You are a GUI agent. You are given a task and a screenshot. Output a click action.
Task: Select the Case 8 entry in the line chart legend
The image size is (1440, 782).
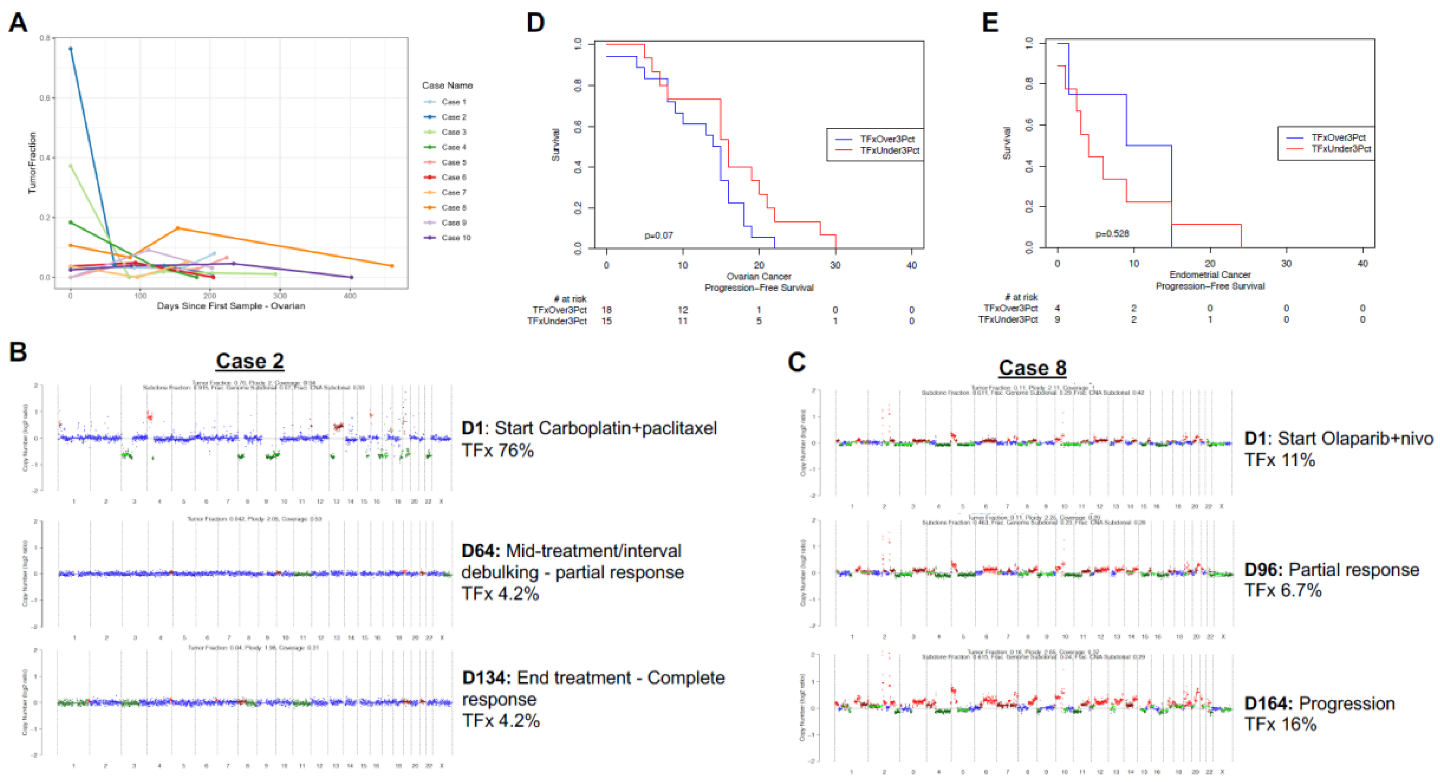click(x=453, y=208)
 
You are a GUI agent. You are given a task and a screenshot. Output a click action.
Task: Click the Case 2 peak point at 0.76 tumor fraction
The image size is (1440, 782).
click(x=70, y=49)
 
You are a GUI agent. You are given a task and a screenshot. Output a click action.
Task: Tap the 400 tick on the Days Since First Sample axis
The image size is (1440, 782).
click(x=350, y=296)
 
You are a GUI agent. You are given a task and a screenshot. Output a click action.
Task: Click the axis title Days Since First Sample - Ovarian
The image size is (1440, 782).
click(x=231, y=306)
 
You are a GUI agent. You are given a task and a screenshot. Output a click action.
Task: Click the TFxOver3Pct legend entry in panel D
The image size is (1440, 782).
click(x=887, y=139)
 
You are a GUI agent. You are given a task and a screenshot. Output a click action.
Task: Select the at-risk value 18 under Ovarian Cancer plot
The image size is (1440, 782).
click(x=606, y=310)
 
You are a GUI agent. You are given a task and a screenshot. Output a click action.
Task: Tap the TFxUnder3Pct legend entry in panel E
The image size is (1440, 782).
click(x=1340, y=149)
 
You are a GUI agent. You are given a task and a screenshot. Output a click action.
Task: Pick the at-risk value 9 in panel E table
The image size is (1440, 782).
click(x=1057, y=319)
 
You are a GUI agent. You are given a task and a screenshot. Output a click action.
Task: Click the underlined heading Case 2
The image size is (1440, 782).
click(x=250, y=361)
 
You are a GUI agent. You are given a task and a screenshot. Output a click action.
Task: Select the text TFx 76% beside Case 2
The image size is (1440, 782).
click(x=497, y=450)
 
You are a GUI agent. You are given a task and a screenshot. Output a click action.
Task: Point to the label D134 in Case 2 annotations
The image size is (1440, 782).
click(x=485, y=678)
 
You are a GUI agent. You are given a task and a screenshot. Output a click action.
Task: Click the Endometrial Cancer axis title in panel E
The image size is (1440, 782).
click(x=1210, y=275)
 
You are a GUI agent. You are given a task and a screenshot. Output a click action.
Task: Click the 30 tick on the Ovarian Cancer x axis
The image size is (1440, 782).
click(x=835, y=265)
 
